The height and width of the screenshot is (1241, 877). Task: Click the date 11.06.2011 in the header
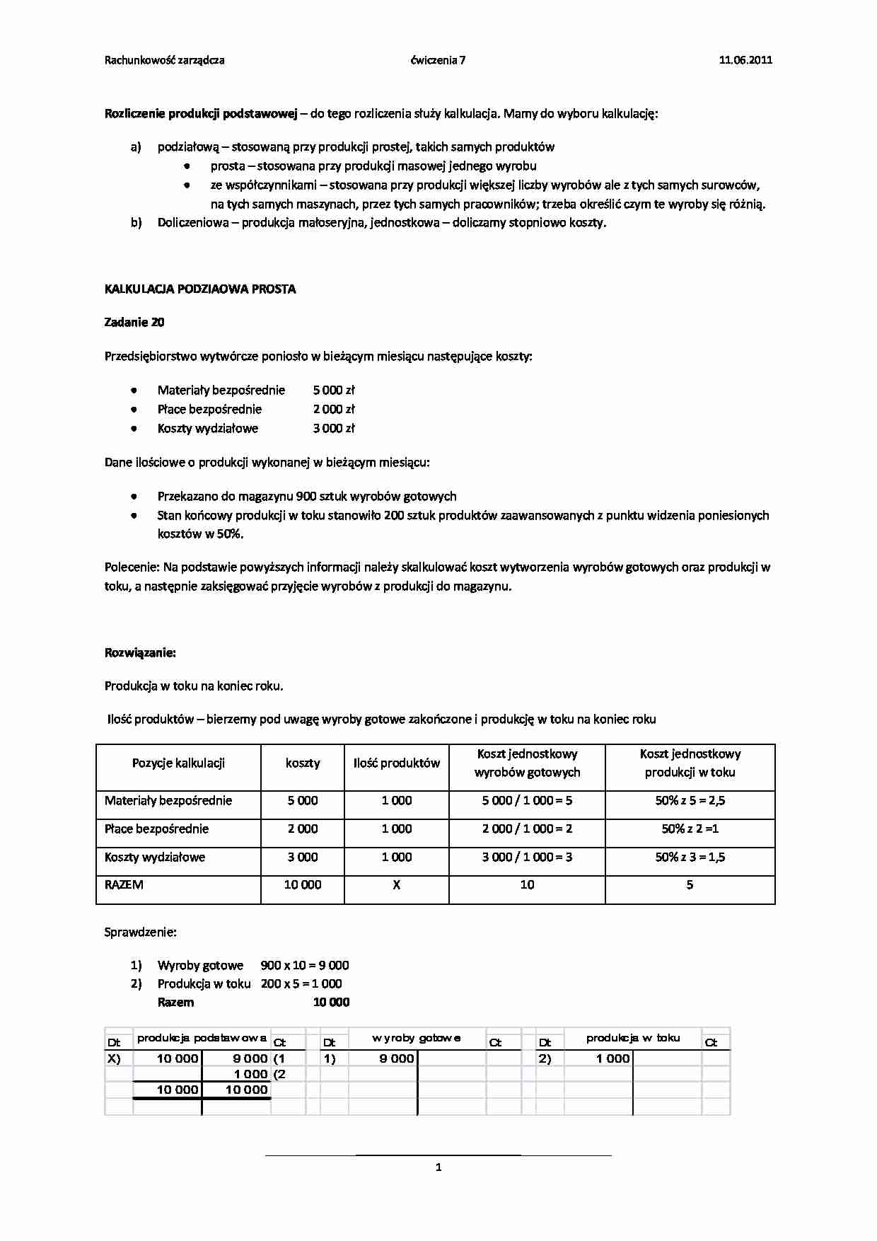745,60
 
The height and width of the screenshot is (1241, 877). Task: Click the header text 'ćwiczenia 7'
438,60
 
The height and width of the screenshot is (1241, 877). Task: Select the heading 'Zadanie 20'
134,323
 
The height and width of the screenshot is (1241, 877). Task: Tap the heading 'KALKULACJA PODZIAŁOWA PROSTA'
200,289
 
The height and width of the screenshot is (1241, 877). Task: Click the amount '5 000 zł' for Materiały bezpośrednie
334,390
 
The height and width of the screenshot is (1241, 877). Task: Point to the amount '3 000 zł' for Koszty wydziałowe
334,428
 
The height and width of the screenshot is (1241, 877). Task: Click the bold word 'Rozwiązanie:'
140,652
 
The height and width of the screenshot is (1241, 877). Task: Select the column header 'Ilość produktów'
396,763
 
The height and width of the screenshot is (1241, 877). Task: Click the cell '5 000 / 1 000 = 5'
527,801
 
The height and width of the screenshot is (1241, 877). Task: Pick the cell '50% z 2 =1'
690,829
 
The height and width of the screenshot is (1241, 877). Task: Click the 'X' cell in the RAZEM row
396,884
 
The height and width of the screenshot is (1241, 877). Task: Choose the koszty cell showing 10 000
302,884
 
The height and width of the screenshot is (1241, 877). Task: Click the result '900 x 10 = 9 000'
305,965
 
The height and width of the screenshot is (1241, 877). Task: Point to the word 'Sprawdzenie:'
140,933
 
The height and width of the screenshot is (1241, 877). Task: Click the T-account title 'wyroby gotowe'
417,1038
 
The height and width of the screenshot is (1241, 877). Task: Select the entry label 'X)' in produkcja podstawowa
114,1058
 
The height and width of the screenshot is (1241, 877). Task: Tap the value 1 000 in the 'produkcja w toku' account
612,1058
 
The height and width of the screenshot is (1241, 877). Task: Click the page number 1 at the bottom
438,1167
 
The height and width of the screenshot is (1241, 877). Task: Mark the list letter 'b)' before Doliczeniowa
137,223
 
